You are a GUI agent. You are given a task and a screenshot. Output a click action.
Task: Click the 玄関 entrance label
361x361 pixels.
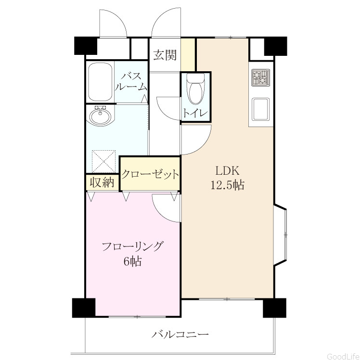pos(165,55)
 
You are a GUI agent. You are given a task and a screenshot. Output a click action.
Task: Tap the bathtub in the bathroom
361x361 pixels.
pos(100,82)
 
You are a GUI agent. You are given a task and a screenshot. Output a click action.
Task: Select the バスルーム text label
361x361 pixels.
pos(131,81)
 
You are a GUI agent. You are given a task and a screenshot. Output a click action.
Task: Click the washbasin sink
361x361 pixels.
pos(100,116)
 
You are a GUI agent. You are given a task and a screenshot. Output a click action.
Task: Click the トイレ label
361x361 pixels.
pos(195,113)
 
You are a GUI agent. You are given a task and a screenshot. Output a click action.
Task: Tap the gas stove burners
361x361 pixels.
pos(260,78)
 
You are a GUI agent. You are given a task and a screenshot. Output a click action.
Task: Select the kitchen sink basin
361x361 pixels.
pos(260,109)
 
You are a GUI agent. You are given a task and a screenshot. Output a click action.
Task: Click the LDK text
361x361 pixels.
pos(228,171)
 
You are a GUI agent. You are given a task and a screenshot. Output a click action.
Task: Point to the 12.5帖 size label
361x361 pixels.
pos(228,185)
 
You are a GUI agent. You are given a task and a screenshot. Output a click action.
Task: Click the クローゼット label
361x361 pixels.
pos(150,174)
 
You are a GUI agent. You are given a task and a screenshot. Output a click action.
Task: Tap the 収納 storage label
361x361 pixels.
pos(102,182)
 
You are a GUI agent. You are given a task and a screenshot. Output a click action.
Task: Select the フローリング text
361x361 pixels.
pos(133,247)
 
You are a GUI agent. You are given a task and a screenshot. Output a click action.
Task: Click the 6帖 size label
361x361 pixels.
pos(133,261)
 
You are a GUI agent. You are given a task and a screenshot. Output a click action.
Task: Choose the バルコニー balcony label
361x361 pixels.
pos(180,334)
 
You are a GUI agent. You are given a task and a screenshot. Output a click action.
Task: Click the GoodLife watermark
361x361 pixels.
pos(344,356)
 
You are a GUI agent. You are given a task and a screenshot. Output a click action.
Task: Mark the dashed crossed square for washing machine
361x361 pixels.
pos(103,161)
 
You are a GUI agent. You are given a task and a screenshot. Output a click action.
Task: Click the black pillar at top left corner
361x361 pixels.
pos(85,46)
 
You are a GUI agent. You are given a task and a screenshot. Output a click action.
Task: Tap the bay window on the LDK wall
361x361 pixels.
pos(280,235)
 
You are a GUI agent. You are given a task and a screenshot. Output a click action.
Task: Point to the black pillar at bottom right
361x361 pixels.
pos(275,308)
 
